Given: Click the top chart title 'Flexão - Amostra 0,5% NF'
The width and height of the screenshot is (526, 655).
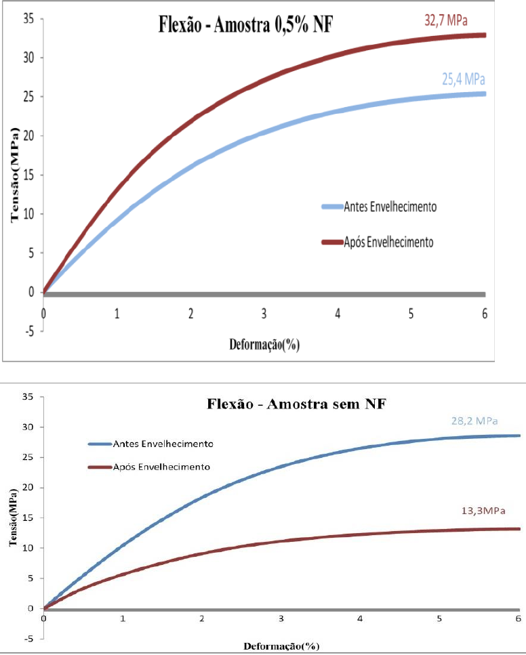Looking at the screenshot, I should coord(245,26).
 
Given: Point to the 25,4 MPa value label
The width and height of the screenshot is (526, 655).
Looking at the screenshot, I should coord(464,79).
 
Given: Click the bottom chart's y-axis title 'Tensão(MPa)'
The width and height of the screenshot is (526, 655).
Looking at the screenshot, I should coord(14,538).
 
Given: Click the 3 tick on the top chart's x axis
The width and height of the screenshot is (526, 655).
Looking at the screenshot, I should coord(264,314).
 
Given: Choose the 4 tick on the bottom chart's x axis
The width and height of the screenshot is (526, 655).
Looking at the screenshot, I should coord(360,618).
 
